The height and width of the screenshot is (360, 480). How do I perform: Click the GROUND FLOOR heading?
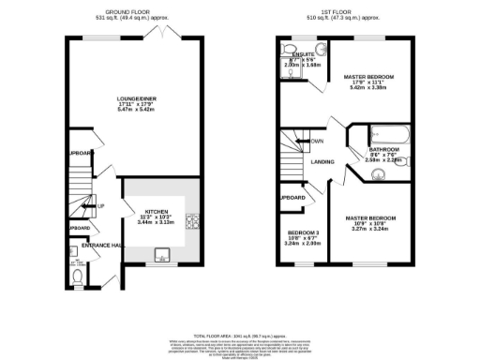(132, 12)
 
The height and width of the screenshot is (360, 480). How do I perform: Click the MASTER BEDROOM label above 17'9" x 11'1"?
(368, 77)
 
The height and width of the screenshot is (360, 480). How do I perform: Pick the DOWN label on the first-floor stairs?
(317, 142)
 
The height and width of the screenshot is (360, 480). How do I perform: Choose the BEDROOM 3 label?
(304, 232)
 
